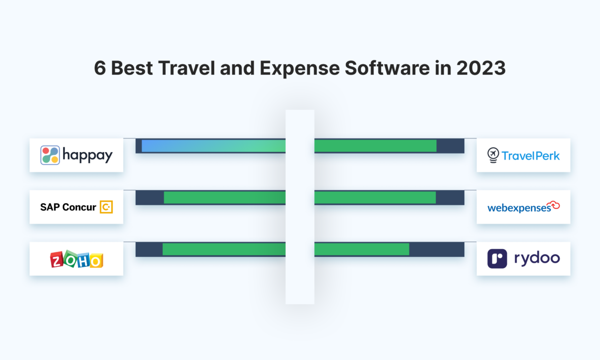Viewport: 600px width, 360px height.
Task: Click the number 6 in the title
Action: click(x=99, y=68)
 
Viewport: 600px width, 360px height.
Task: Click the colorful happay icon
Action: click(x=50, y=155)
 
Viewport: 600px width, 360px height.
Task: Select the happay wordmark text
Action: click(x=87, y=155)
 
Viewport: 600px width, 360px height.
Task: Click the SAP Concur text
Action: click(x=68, y=207)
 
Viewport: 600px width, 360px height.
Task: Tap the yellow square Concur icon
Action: click(x=106, y=207)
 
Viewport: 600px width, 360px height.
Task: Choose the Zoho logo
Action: click(x=76, y=259)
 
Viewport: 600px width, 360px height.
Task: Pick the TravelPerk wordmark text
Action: click(x=531, y=155)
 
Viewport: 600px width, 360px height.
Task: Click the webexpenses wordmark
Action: click(x=519, y=208)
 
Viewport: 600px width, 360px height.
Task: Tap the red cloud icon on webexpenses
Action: click(x=553, y=205)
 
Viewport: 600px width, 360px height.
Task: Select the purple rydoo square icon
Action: click(x=497, y=258)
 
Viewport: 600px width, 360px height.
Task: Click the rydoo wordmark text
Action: click(x=536, y=258)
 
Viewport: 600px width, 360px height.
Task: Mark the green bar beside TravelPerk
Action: click(x=375, y=146)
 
